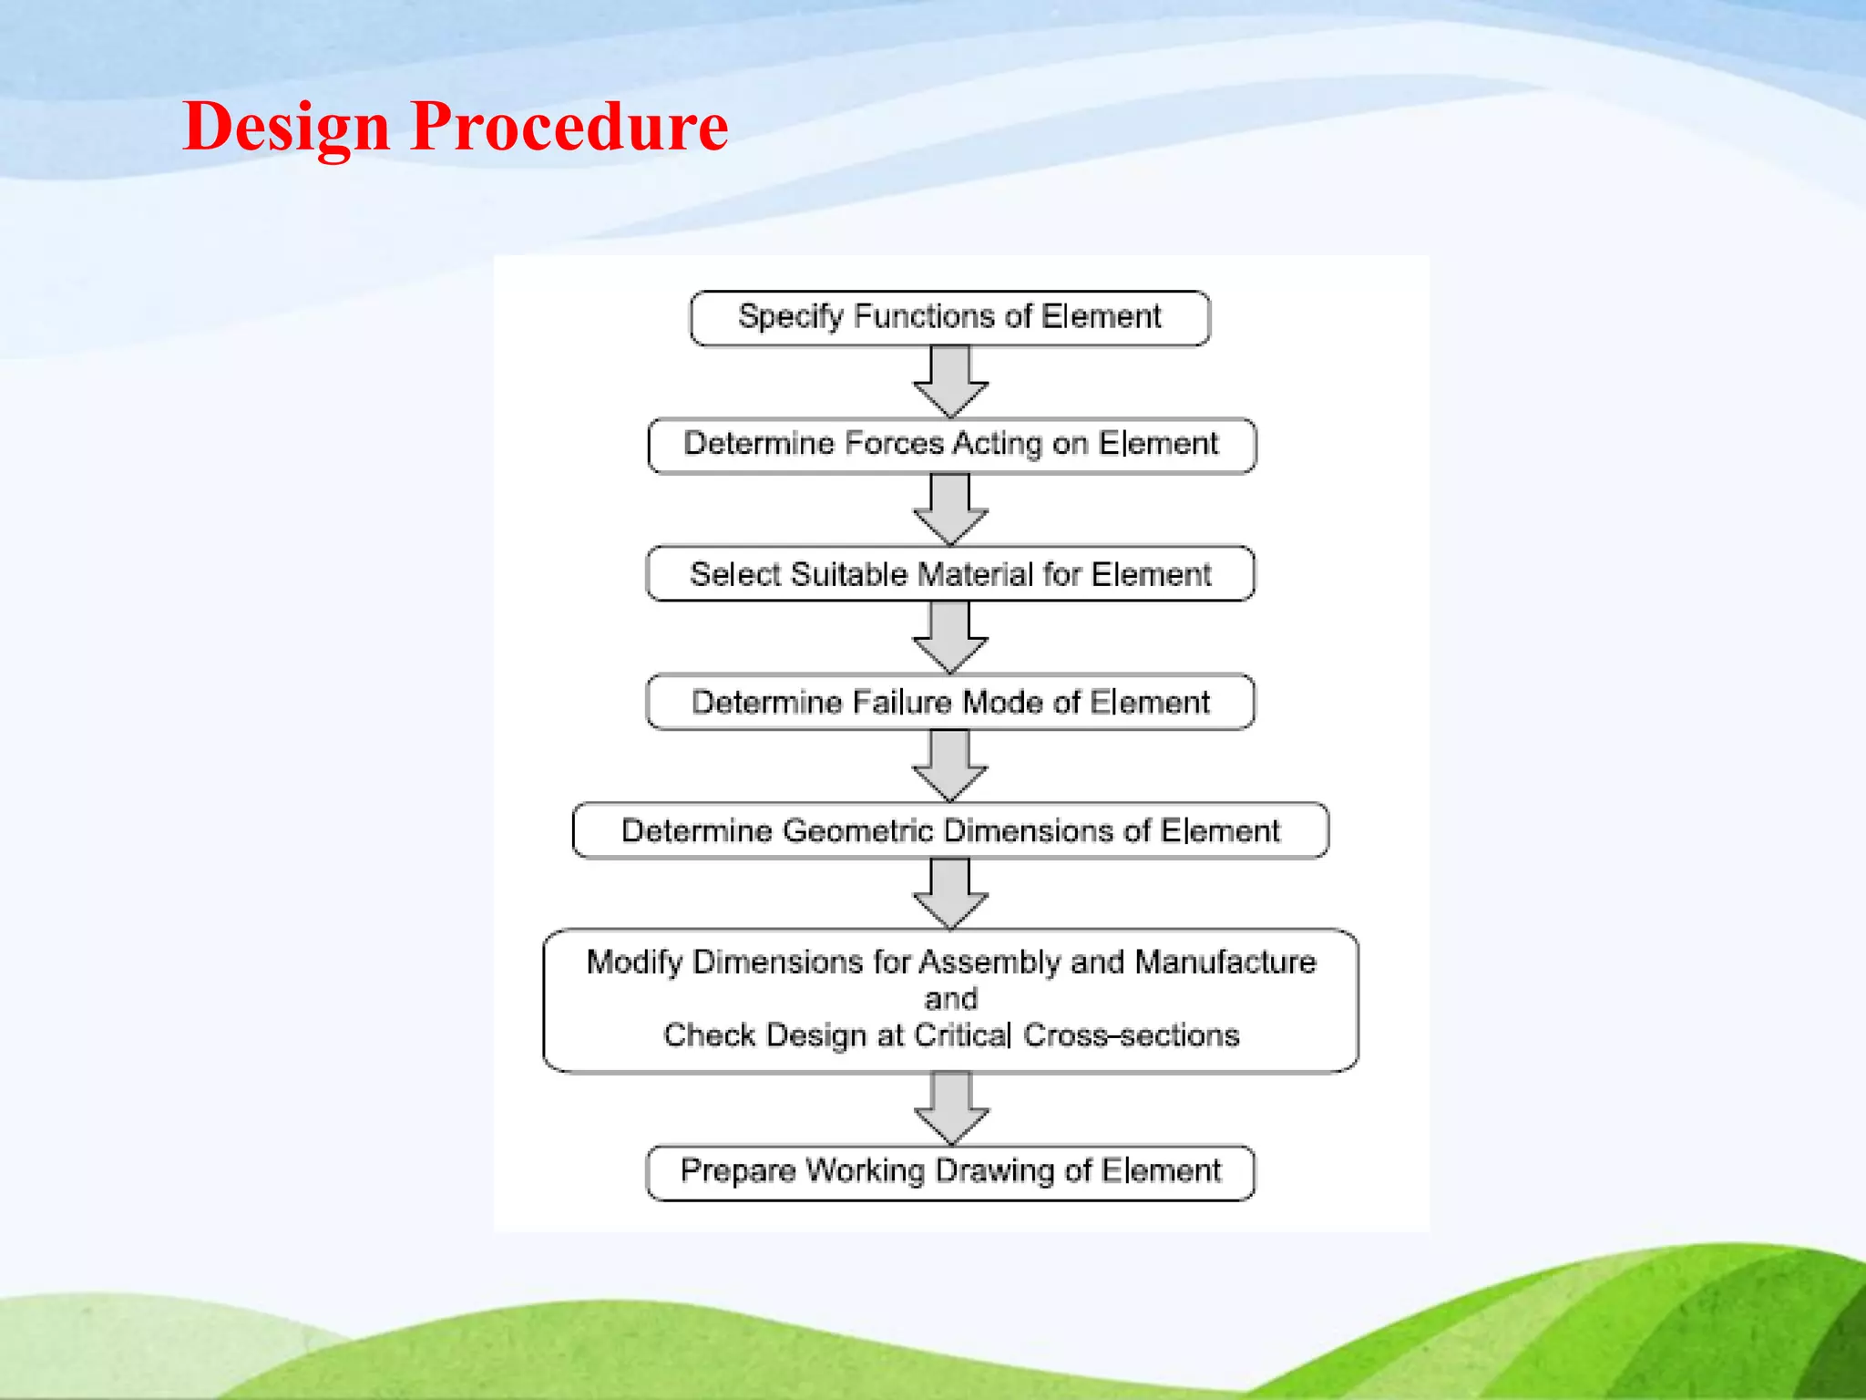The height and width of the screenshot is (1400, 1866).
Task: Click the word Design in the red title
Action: [286, 126]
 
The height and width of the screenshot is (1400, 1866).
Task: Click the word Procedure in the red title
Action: [569, 126]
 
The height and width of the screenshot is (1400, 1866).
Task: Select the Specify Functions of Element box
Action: [949, 317]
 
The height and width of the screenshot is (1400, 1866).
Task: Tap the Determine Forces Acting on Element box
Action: [950, 445]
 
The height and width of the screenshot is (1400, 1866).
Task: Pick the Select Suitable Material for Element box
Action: [949, 574]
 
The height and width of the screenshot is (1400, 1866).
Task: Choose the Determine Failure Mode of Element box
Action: [949, 702]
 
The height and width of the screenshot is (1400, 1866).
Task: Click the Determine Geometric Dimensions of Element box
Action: [949, 830]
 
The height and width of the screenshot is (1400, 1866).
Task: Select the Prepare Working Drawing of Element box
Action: [949, 1172]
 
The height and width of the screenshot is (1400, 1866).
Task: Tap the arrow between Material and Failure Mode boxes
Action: [950, 638]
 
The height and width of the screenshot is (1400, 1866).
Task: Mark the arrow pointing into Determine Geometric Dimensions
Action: [950, 766]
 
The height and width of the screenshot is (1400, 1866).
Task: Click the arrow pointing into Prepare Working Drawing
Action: [950, 1108]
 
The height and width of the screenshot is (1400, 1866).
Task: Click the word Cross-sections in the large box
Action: [1131, 1035]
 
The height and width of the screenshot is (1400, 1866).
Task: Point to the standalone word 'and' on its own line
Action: [950, 999]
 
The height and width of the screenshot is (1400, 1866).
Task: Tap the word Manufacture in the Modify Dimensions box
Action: [1225, 962]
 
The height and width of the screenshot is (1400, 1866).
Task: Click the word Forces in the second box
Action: [894, 444]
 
